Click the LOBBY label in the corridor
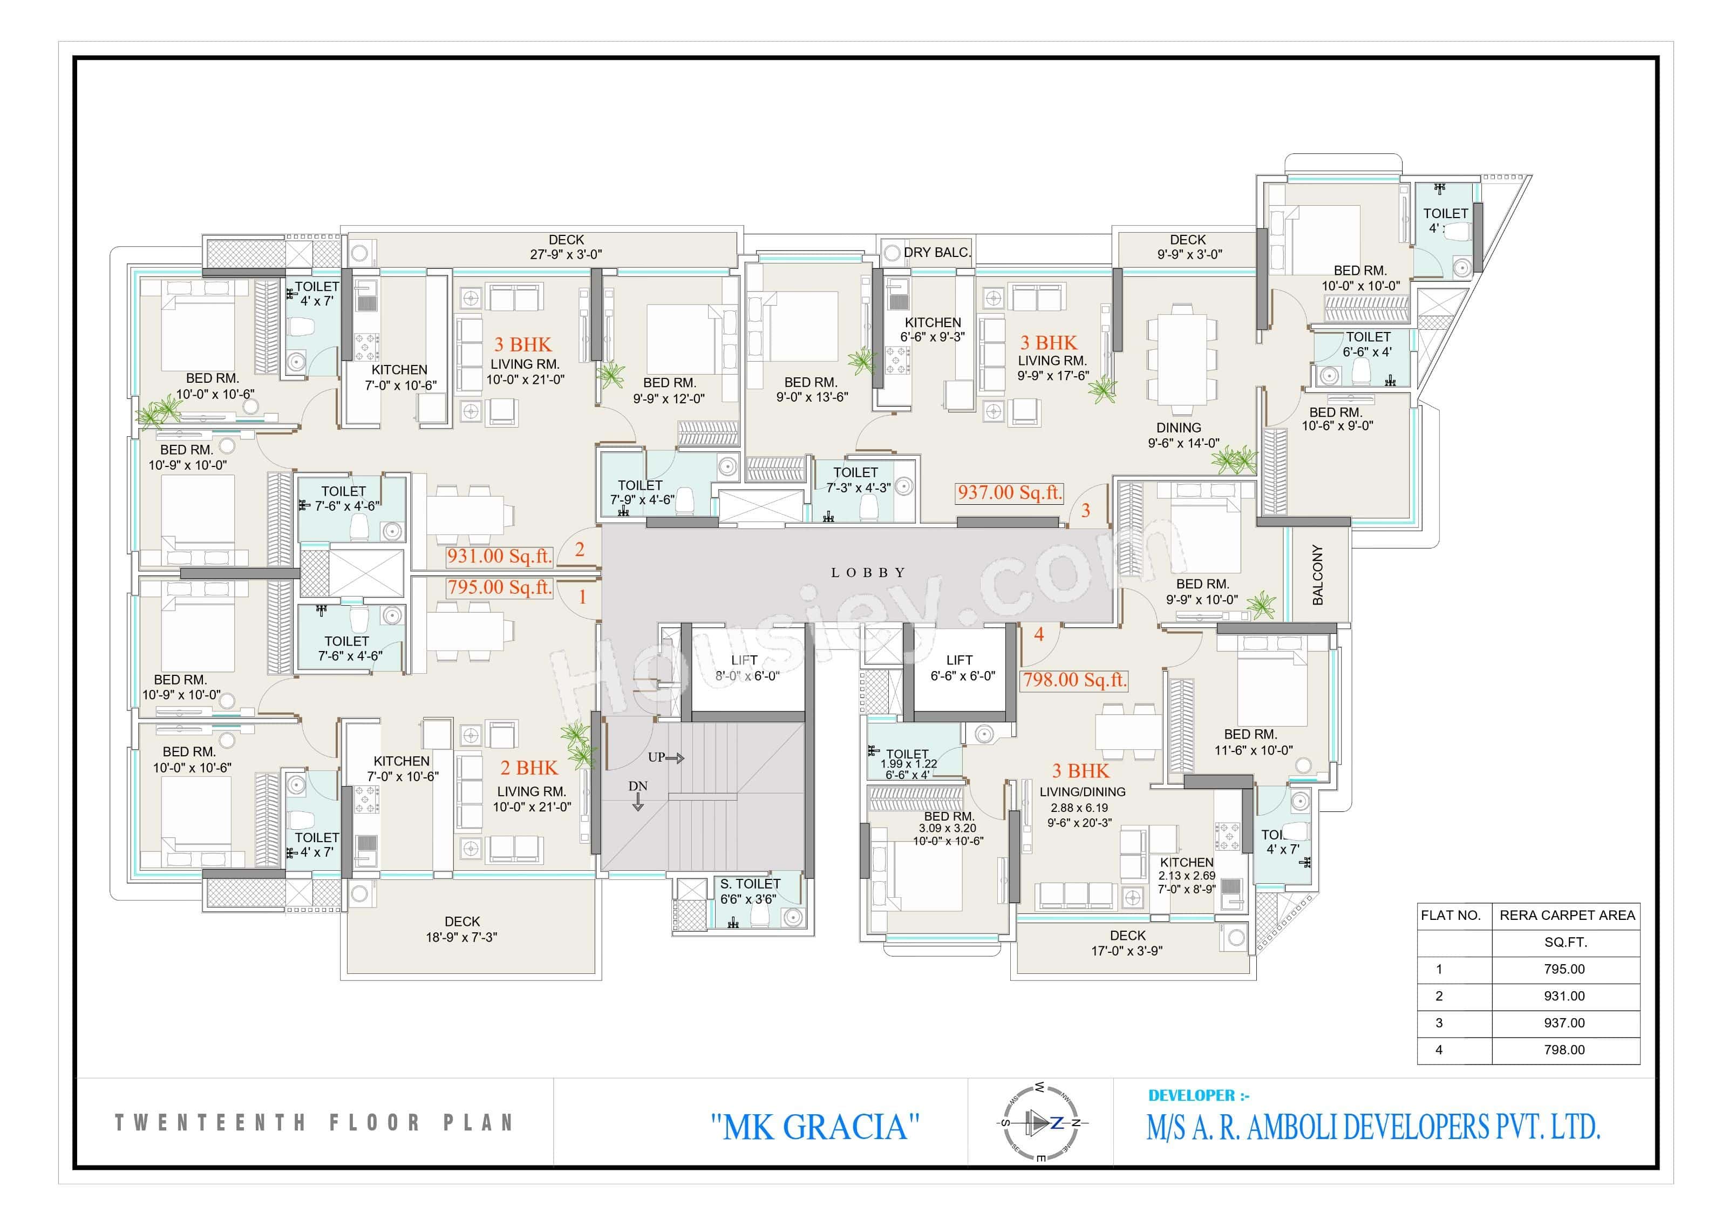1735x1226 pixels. pyautogui.click(x=868, y=573)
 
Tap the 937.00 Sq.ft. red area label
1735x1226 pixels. pyautogui.click(x=1010, y=493)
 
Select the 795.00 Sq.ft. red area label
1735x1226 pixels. pyautogui.click(x=500, y=587)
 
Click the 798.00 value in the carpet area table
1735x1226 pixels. pyautogui.click(x=1563, y=1050)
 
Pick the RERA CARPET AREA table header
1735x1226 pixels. pyautogui.click(x=1567, y=916)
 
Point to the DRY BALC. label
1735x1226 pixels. pyautogui.click(x=936, y=253)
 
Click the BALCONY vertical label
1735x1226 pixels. pyautogui.click(x=1318, y=574)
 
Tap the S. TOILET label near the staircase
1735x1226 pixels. pyautogui.click(x=750, y=884)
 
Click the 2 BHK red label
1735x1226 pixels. pyautogui.click(x=529, y=768)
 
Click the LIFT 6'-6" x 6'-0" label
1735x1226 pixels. pyautogui.click(x=961, y=668)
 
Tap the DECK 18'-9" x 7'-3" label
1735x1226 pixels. pyautogui.click(x=462, y=929)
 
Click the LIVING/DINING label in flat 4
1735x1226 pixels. pyautogui.click(x=1082, y=792)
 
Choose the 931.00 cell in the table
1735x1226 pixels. pyautogui.click(x=1563, y=996)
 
